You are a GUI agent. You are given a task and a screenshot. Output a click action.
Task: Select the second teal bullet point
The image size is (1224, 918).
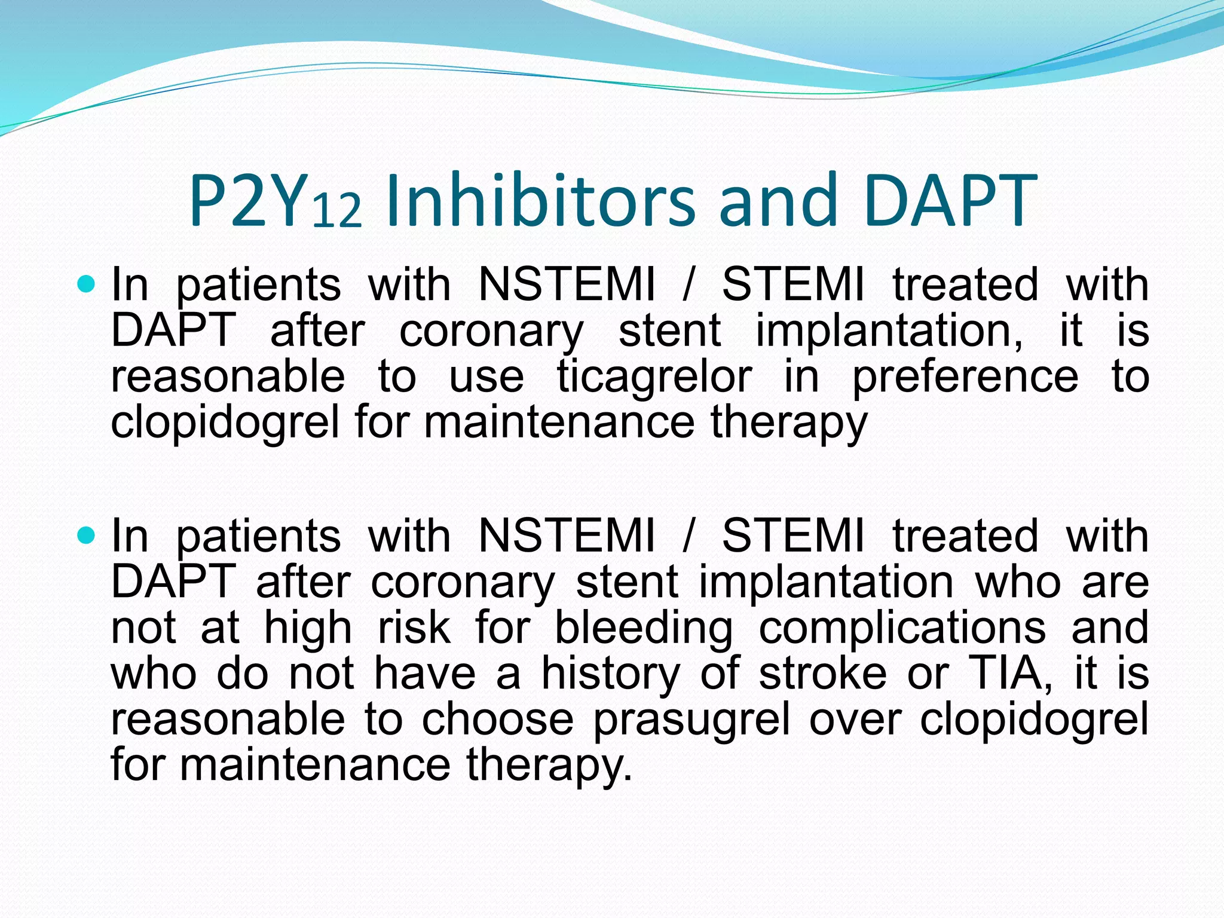[87, 534]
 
